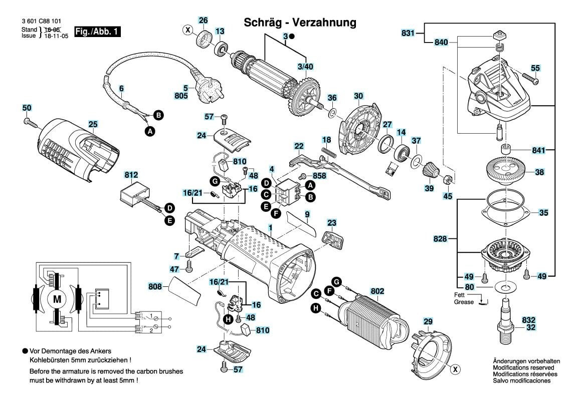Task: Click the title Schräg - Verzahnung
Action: [299, 23]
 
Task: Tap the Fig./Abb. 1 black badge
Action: [97, 32]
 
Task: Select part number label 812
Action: [131, 175]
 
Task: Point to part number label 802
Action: [377, 290]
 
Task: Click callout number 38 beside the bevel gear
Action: [539, 172]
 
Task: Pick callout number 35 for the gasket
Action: [543, 212]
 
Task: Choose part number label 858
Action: [319, 176]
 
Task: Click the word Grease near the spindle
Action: [464, 302]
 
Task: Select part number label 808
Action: [155, 287]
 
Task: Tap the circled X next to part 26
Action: [188, 30]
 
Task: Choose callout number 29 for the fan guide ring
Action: [428, 321]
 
